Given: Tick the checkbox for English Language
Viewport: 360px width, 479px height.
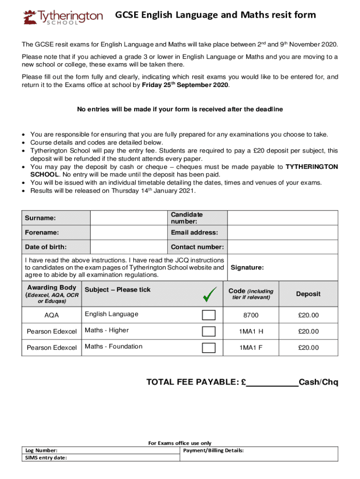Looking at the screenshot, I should pyautogui.click(x=209, y=315).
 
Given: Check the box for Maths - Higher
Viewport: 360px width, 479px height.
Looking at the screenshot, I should pyautogui.click(x=209, y=331).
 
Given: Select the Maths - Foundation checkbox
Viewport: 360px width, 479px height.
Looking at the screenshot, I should pyautogui.click(x=209, y=348).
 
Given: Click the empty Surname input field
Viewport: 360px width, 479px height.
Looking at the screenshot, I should pyautogui.click(x=129, y=218).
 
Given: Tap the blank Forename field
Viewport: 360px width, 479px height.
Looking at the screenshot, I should pyautogui.click(x=129, y=232).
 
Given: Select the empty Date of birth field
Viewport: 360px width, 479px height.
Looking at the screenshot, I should pyautogui.click(x=129, y=247).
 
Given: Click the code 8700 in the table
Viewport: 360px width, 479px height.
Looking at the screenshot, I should pyautogui.click(x=251, y=316).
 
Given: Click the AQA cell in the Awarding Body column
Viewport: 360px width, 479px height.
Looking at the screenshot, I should pyautogui.click(x=51, y=316).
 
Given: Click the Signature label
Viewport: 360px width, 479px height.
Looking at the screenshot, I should pyautogui.click(x=247, y=268).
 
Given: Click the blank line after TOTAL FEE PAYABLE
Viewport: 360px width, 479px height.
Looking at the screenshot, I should pyautogui.click(x=272, y=383).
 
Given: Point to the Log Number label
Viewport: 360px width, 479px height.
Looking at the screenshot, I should pyautogui.click(x=41, y=450).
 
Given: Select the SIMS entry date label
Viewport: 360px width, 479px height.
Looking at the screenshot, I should pyautogui.click(x=46, y=457).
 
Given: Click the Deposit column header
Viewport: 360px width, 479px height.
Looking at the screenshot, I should pyautogui.click(x=308, y=294).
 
